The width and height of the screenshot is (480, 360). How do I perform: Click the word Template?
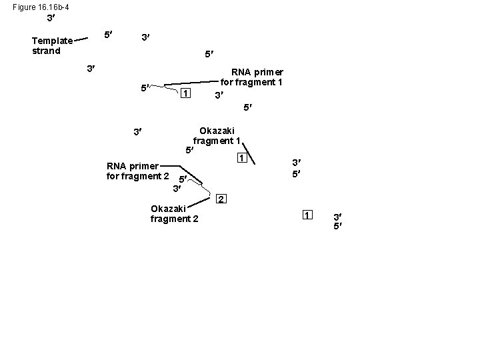coord(52,41)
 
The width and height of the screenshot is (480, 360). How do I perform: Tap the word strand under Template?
coord(46,51)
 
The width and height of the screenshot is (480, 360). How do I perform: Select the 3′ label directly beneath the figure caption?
coord(51,19)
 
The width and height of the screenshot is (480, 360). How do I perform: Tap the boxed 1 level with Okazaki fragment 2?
coord(307,215)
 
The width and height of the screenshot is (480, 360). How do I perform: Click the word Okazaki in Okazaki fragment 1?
coord(217,131)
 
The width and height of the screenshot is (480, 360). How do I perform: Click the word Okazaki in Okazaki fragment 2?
coord(168,209)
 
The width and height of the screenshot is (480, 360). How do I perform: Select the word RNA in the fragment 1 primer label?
coord(241,72)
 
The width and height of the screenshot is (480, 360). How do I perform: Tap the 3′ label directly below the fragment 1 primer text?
coord(219,96)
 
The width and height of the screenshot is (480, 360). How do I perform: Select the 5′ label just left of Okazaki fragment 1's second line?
coord(189,151)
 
